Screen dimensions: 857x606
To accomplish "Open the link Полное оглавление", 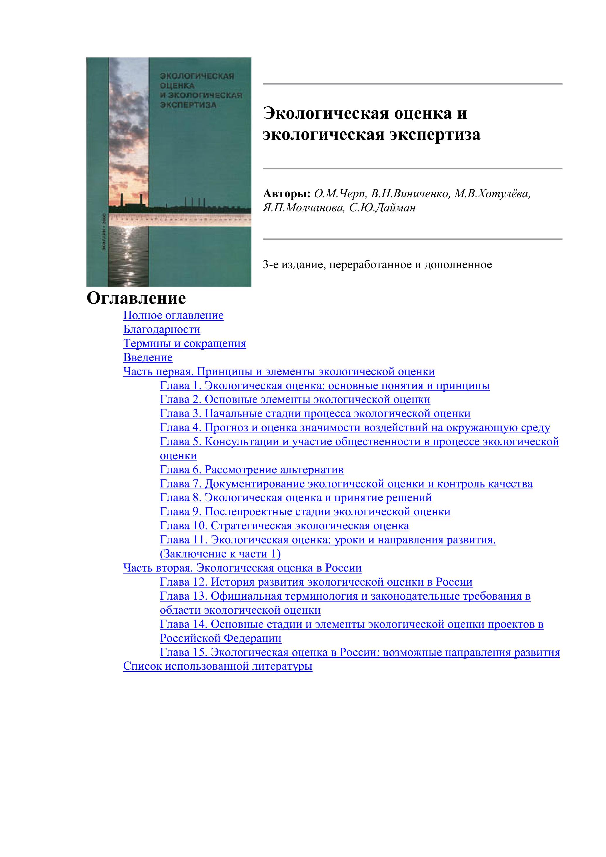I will tap(173, 315).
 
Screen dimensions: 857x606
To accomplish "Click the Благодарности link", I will tap(161, 330).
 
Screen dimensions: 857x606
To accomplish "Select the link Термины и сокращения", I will tap(184, 344).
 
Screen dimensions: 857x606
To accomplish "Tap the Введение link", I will tap(148, 358).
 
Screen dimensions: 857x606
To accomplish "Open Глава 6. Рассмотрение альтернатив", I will tap(251, 470).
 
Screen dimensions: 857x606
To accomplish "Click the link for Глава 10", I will tap(284, 526).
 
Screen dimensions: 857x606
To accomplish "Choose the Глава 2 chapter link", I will tap(295, 399).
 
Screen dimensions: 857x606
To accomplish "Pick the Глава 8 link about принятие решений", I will tap(296, 498).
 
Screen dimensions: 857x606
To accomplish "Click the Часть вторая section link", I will tap(242, 568).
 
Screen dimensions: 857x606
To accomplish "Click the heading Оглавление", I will tap(136, 298).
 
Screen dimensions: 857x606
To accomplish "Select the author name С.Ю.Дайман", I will tap(382, 208).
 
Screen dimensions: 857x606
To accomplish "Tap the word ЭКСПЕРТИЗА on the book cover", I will tap(188, 105).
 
